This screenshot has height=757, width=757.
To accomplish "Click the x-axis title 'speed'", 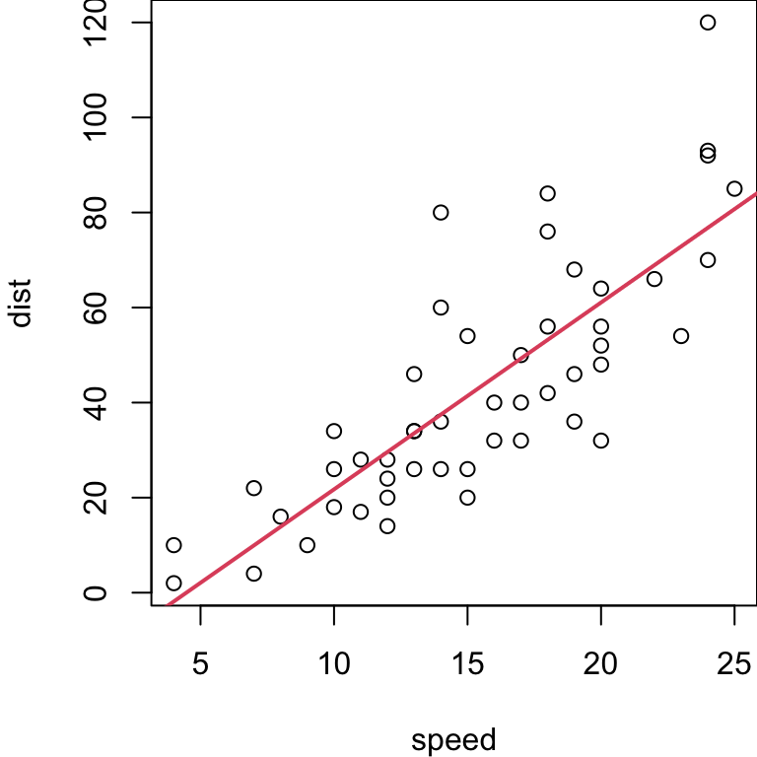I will (453, 739).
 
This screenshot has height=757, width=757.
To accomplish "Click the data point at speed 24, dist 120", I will (708, 23).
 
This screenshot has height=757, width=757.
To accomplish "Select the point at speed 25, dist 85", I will (734, 188).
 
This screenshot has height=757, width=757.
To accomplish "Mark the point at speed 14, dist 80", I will (441, 213).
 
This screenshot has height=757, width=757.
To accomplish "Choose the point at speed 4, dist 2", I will (174, 583).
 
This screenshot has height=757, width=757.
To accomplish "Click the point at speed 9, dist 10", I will (308, 545).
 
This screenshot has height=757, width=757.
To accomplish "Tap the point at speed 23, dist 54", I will (681, 336).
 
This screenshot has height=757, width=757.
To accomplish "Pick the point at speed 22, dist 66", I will (654, 279).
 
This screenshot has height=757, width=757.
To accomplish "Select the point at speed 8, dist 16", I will (281, 516).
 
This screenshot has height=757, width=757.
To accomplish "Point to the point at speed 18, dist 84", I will (548, 193).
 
